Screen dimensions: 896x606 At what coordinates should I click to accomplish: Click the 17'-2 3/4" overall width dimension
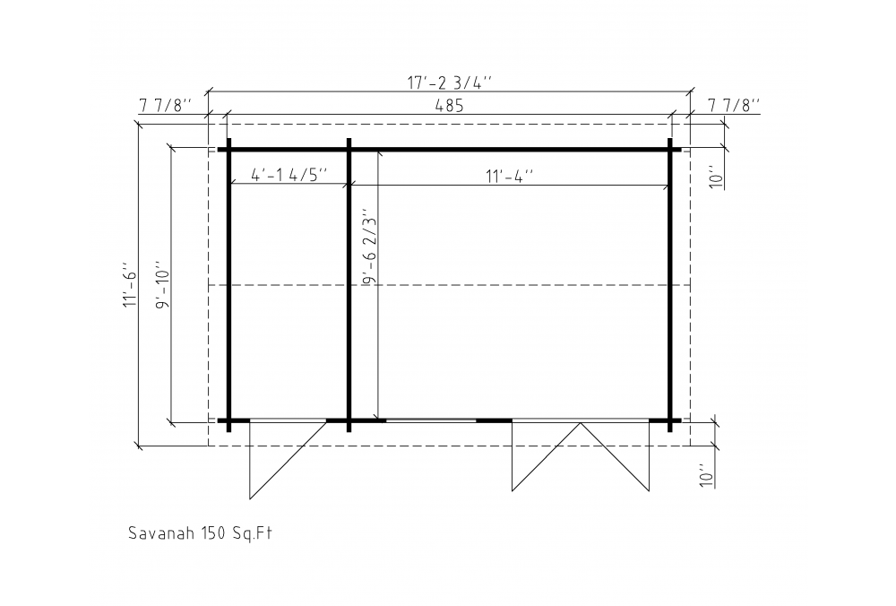click(x=449, y=82)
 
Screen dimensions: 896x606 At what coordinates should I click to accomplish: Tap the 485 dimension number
click(x=449, y=106)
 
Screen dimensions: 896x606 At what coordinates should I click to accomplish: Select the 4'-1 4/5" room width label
click(x=289, y=175)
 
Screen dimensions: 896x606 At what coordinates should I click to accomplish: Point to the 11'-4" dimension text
click(x=509, y=176)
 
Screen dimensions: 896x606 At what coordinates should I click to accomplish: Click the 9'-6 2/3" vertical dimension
click(x=370, y=250)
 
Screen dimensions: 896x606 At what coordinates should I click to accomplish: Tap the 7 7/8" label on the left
click(x=165, y=106)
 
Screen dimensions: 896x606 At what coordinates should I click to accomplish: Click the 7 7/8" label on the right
click(x=735, y=106)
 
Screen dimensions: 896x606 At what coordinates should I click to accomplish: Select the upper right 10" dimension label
click(x=716, y=177)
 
